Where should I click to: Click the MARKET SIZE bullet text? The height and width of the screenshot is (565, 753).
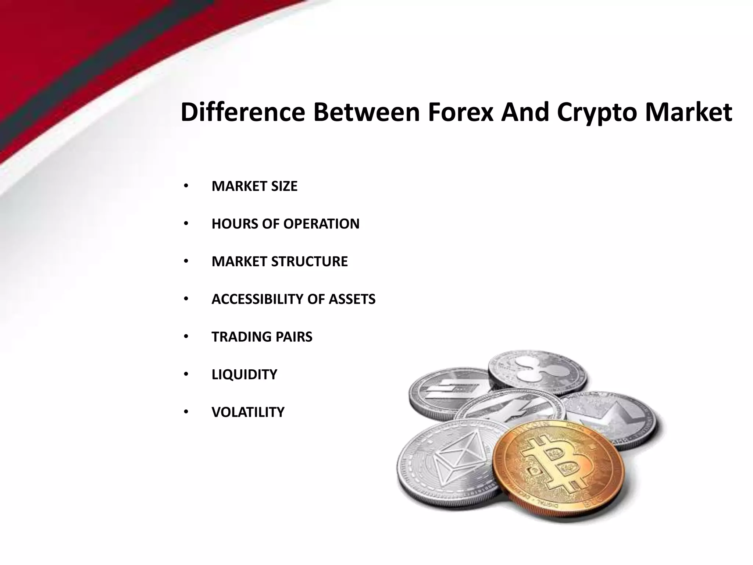pos(254,186)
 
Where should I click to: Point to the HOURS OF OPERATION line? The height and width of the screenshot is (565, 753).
pos(285,224)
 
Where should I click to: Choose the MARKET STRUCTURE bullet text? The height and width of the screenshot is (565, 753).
pos(279,262)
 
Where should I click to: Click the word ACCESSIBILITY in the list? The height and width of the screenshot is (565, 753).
pos(257,299)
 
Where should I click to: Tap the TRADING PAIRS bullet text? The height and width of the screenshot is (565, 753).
pos(262,337)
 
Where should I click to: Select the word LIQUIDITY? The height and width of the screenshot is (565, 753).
pos(244,374)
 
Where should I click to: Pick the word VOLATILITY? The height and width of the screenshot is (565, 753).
pos(248,412)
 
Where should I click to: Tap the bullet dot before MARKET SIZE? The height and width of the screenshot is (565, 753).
pos(186,186)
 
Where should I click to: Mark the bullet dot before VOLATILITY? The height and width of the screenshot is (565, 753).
pos(186,412)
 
